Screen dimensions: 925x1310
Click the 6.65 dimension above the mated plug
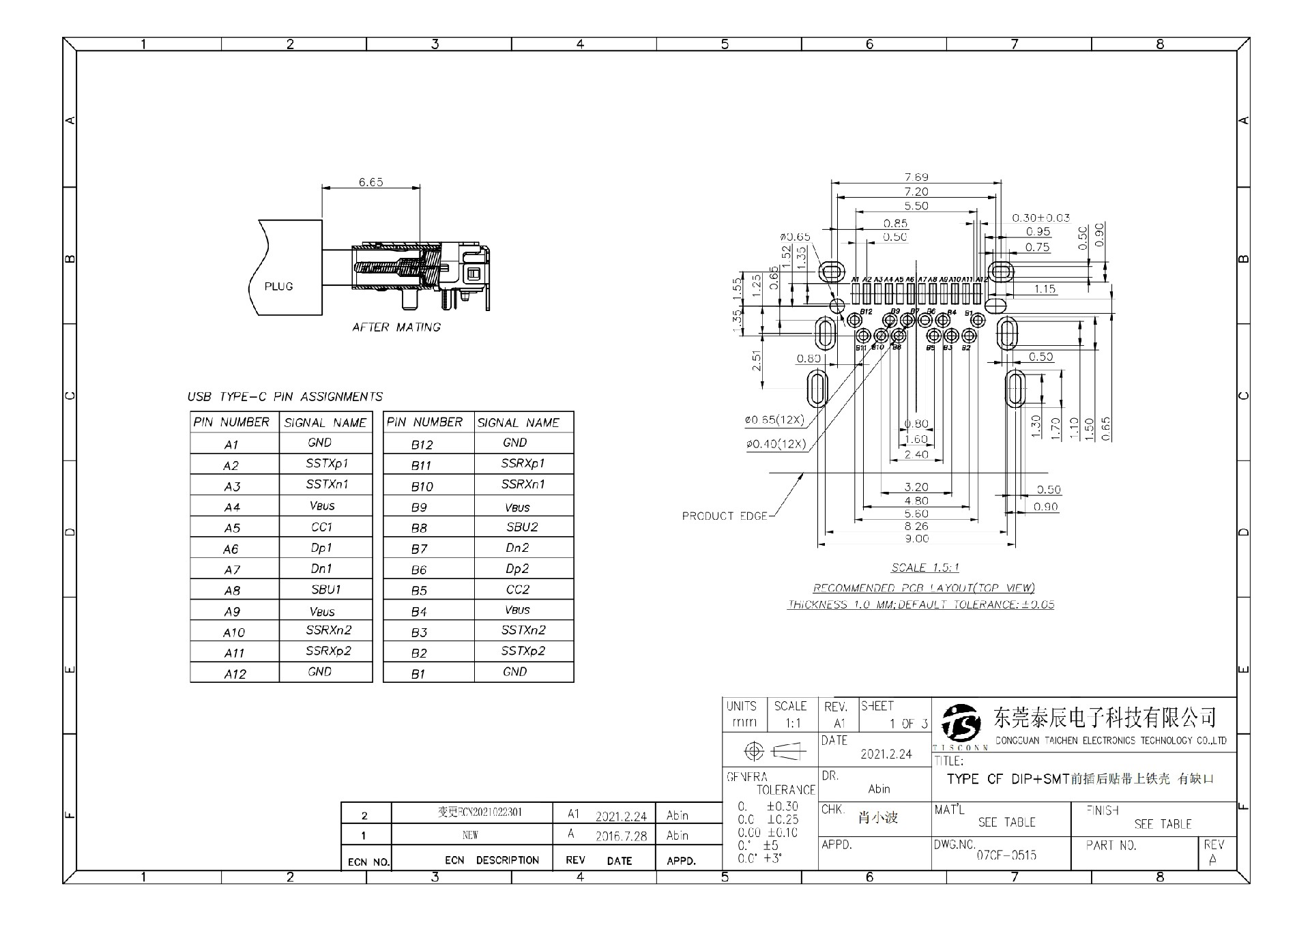(370, 182)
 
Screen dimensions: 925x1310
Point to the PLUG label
(278, 287)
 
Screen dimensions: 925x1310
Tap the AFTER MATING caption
(396, 327)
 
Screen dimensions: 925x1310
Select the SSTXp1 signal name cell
(326, 464)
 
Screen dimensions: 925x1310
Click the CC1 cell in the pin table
(321, 527)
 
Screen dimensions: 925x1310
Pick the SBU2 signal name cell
(522, 527)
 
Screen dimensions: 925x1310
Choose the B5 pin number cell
(419, 591)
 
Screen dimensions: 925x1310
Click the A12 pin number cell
(235, 674)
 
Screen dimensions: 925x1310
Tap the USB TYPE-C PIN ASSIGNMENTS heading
(285, 397)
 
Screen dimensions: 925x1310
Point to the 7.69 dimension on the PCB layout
(916, 177)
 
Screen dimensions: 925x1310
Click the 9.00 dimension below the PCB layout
(916, 539)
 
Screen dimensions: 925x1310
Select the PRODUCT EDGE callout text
(725, 516)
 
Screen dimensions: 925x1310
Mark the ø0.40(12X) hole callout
(776, 445)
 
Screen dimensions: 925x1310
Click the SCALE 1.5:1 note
(925, 568)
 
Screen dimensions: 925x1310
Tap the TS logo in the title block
(960, 724)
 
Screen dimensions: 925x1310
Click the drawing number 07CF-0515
(1006, 855)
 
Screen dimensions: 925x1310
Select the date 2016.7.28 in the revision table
(621, 836)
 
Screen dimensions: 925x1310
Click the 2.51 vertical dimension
(757, 360)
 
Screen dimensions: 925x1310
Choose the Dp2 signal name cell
(517, 569)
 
